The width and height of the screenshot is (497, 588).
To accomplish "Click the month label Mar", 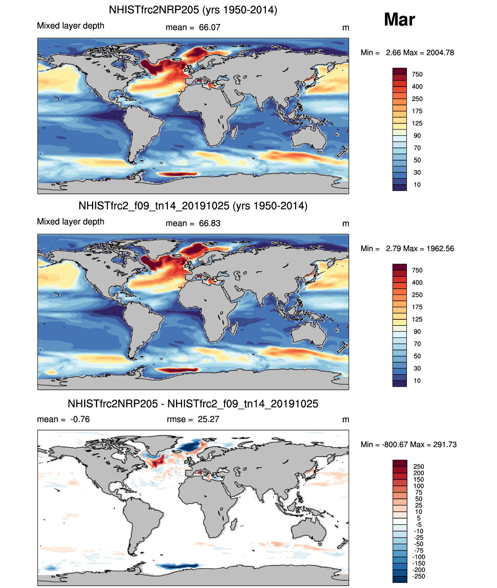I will click(x=399, y=19).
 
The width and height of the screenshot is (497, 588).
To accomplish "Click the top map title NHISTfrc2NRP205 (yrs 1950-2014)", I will click(x=193, y=10).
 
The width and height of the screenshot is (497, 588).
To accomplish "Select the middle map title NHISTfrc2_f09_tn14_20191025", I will click(x=193, y=206).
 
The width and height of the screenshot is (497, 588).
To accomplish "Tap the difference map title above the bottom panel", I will click(x=193, y=404).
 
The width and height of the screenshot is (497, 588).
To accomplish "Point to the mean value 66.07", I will click(x=209, y=27).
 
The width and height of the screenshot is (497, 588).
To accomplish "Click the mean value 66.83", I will click(x=209, y=223).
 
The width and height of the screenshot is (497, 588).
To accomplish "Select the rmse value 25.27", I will click(x=208, y=419).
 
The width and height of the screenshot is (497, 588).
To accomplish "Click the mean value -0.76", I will click(x=80, y=419).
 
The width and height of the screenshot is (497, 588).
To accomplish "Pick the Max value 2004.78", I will click(x=440, y=53).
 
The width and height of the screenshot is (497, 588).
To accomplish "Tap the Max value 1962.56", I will click(x=440, y=249).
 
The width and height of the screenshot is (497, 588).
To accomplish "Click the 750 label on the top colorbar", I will click(x=417, y=74).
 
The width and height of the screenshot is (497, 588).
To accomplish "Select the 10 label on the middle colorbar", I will click(x=417, y=381).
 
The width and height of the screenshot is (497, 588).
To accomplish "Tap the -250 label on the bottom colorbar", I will click(x=419, y=576).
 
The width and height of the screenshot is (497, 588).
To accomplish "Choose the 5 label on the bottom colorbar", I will click(x=418, y=518).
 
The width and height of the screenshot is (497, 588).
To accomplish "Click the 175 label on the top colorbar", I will click(x=417, y=111).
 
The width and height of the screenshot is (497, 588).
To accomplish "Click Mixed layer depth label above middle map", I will click(x=70, y=221).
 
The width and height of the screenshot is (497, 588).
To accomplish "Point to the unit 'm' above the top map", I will click(x=346, y=28).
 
